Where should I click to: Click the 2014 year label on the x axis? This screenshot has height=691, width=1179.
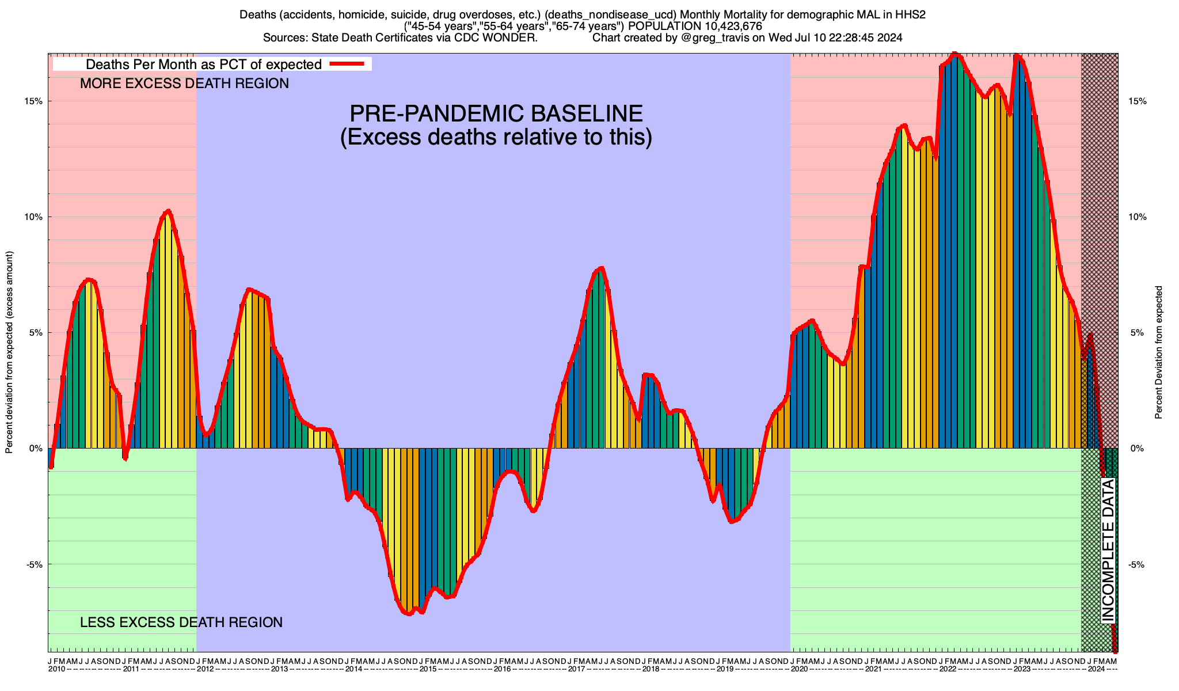pos(353,669)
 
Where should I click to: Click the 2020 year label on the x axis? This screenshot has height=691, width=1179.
pos(799,669)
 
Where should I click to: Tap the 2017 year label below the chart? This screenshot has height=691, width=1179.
pos(576,669)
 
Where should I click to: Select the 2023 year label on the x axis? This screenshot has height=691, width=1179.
pos(1022,669)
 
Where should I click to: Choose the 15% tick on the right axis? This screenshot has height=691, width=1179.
pos(1137,101)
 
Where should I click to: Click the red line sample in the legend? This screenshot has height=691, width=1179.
pos(347,64)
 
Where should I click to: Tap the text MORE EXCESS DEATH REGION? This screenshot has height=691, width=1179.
pos(184,84)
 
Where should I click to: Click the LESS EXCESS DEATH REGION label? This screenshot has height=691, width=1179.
pos(181,622)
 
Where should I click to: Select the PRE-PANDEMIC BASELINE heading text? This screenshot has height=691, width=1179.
pos(496,113)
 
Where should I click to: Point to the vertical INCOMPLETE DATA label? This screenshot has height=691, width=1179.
pos(1108,550)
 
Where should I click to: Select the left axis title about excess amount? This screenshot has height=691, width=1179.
pos(9,352)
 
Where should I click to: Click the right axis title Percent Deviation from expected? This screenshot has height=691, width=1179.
pos(1158,352)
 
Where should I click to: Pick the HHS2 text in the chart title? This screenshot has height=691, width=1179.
pos(910,15)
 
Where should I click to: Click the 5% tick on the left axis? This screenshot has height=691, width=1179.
pos(35,333)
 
